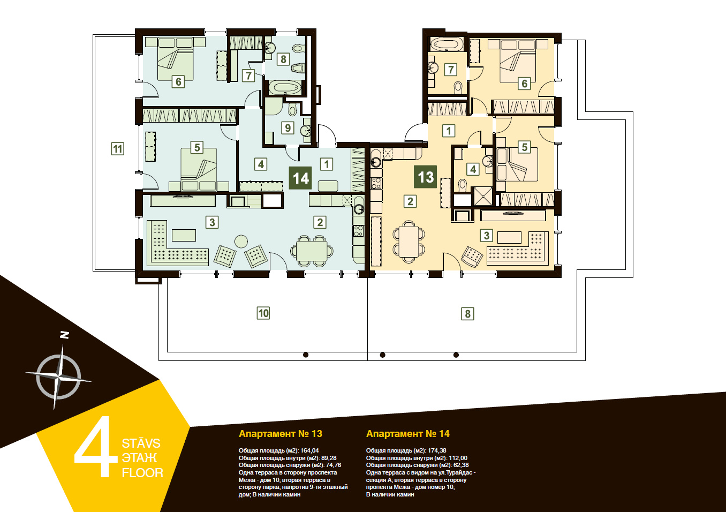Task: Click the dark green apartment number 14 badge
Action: [300, 178]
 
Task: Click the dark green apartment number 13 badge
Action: [425, 177]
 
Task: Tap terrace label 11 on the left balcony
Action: [117, 149]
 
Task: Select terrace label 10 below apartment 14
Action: [263, 313]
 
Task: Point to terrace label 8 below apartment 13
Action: [467, 314]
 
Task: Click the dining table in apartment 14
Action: [312, 251]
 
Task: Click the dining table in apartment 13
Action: [409, 242]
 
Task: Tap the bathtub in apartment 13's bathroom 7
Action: [447, 44]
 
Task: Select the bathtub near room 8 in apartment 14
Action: [285, 87]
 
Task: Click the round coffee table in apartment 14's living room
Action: [241, 242]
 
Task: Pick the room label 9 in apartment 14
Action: [288, 128]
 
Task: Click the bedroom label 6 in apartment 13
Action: [524, 84]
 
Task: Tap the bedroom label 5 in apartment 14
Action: [197, 147]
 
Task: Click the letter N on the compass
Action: [65, 335]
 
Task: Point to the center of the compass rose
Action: [58, 377]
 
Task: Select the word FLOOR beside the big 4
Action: [142, 473]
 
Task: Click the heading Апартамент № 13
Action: [281, 434]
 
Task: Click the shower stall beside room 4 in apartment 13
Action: [483, 197]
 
